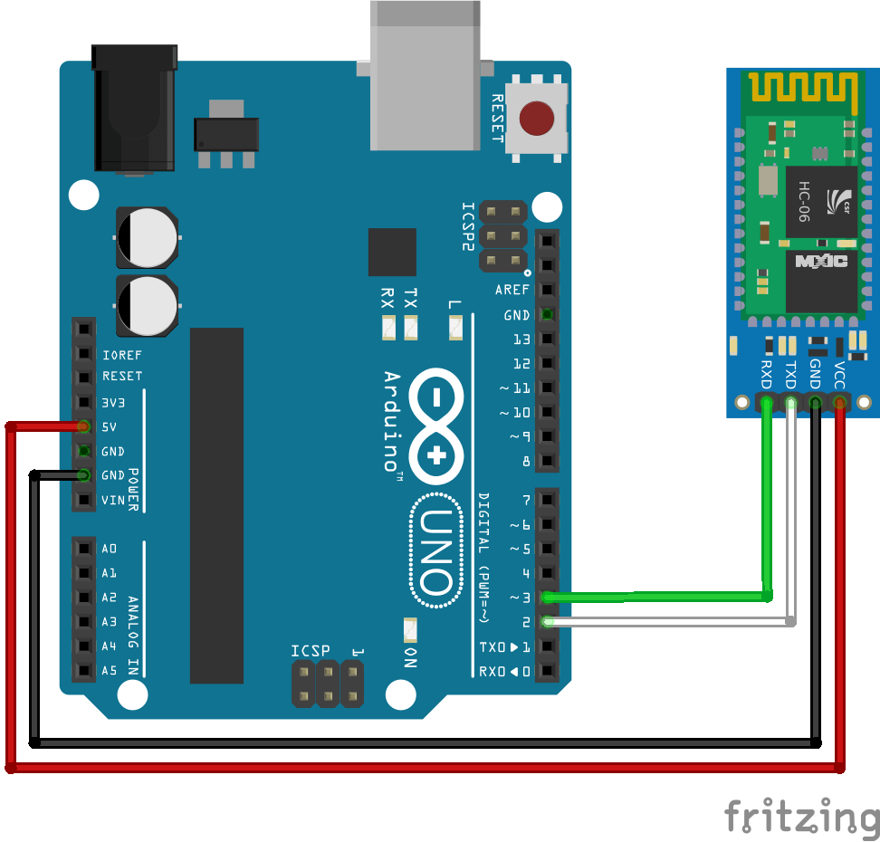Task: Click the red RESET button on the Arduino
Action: point(537,118)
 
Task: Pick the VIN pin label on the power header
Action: point(113,500)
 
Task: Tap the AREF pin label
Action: point(512,291)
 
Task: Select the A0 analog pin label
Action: point(110,549)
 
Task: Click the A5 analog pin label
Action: point(110,671)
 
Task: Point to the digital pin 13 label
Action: point(521,340)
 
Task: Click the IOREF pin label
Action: point(121,355)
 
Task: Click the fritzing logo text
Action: point(801,816)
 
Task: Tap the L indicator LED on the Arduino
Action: point(455,326)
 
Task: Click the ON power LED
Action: point(410,629)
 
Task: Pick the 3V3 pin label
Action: point(114,402)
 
